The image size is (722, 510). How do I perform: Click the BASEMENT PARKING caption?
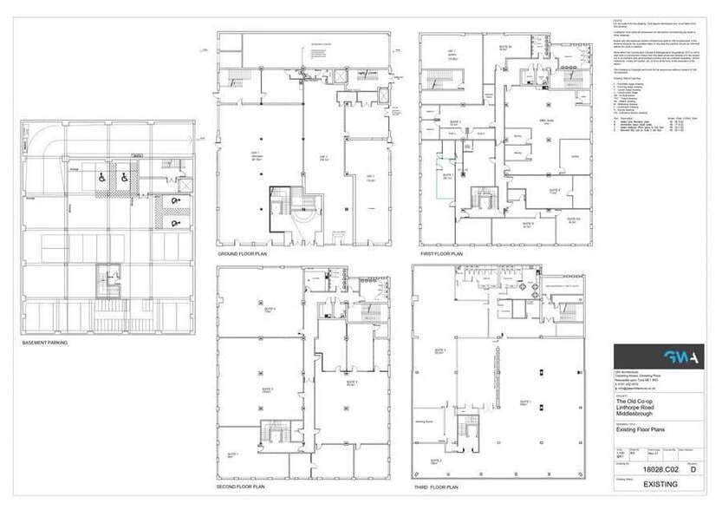pyautogui.click(x=46, y=343)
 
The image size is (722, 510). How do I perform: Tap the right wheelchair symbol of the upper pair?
pyautogui.click(x=124, y=177)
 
